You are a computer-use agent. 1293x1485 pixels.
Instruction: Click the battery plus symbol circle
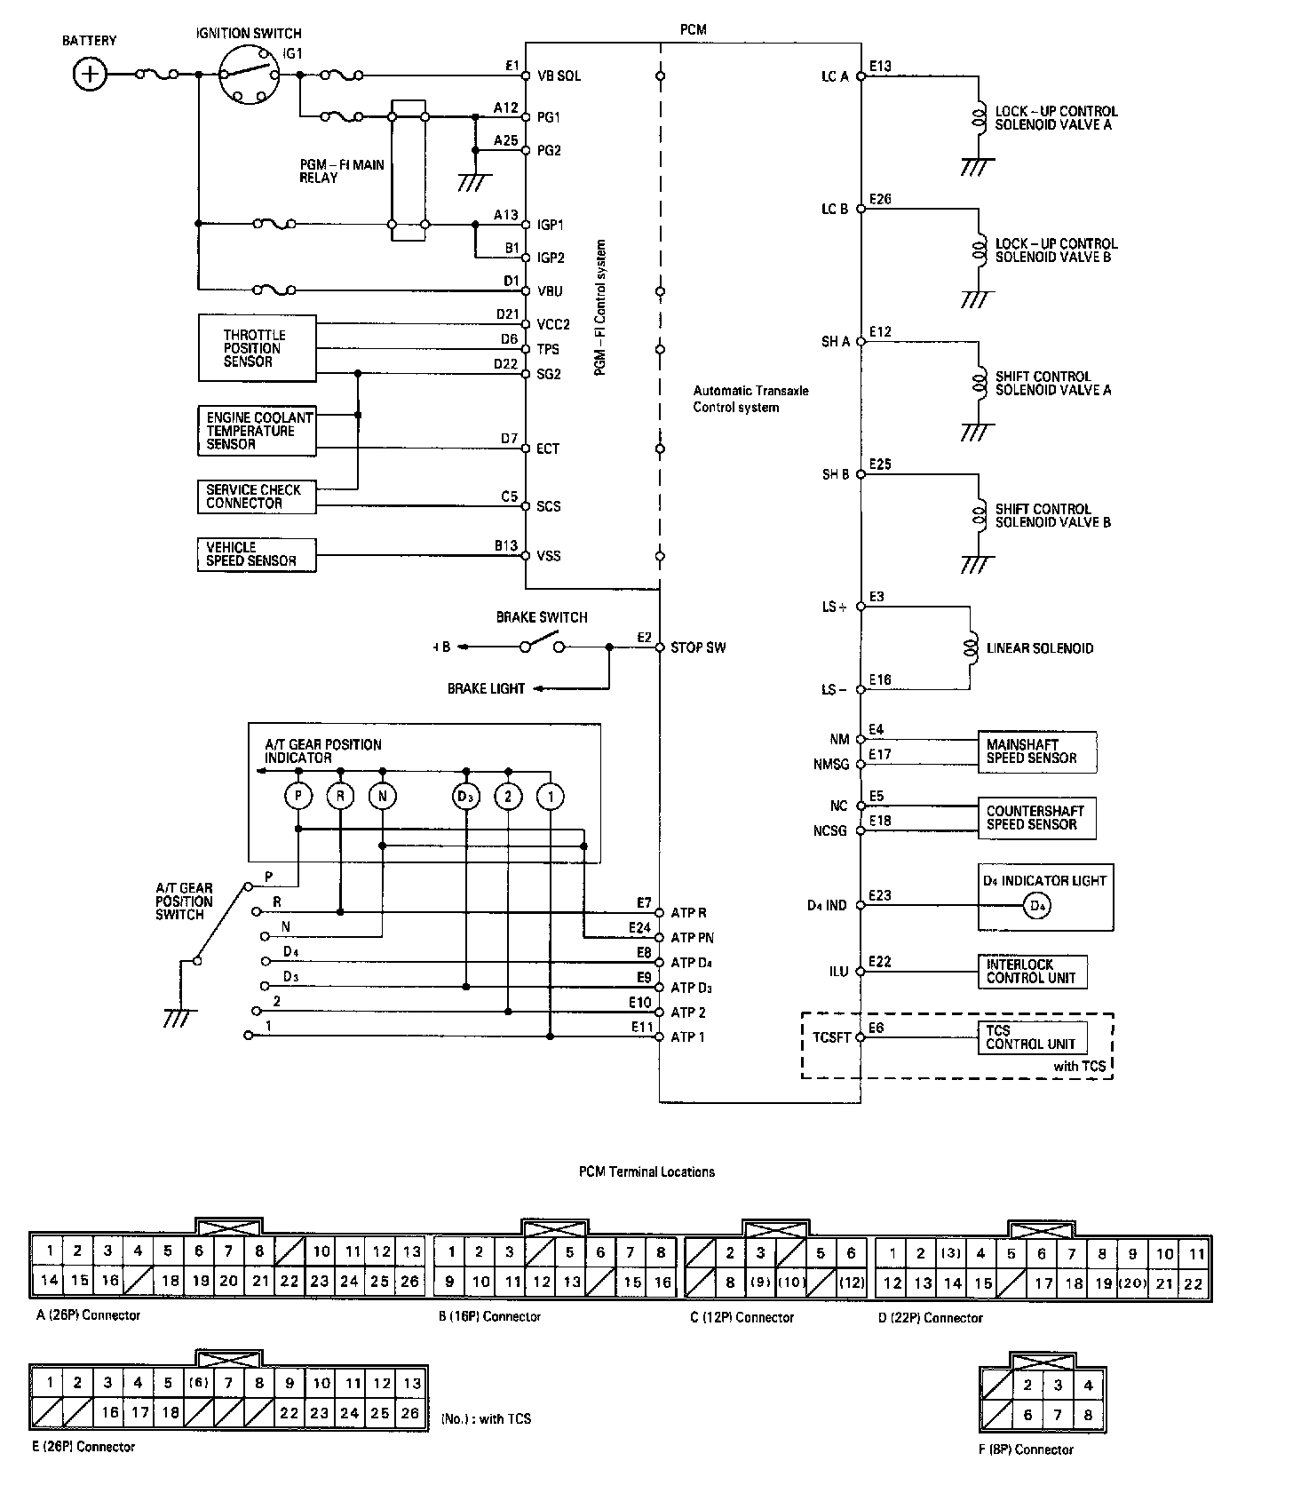coord(89,74)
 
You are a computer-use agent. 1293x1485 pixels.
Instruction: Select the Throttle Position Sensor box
coord(257,348)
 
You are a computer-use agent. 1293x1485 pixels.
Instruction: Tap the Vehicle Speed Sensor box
coord(257,554)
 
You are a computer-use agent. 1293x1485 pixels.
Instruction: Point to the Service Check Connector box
coord(257,496)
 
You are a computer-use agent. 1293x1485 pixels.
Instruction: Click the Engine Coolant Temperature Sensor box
coord(257,431)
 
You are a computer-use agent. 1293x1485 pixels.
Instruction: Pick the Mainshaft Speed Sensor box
coord(1036,751)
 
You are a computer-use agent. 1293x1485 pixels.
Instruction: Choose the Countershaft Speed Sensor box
coord(1036,818)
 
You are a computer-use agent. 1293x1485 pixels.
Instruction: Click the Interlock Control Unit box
coord(1032,971)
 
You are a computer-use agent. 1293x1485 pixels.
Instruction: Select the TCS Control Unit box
coord(1032,1037)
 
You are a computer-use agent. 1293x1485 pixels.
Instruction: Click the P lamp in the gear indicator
coord(298,797)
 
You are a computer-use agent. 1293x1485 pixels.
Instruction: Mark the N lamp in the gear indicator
coord(383,797)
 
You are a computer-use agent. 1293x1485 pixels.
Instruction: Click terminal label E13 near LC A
coord(881,66)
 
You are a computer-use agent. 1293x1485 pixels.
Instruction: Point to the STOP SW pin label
coord(698,647)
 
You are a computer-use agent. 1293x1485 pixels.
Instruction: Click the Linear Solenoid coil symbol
coord(971,647)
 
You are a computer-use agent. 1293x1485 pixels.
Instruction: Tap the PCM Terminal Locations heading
coord(646,1171)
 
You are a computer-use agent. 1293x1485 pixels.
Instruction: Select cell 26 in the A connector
coord(409,1281)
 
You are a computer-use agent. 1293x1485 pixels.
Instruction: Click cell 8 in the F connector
coord(1088,1415)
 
